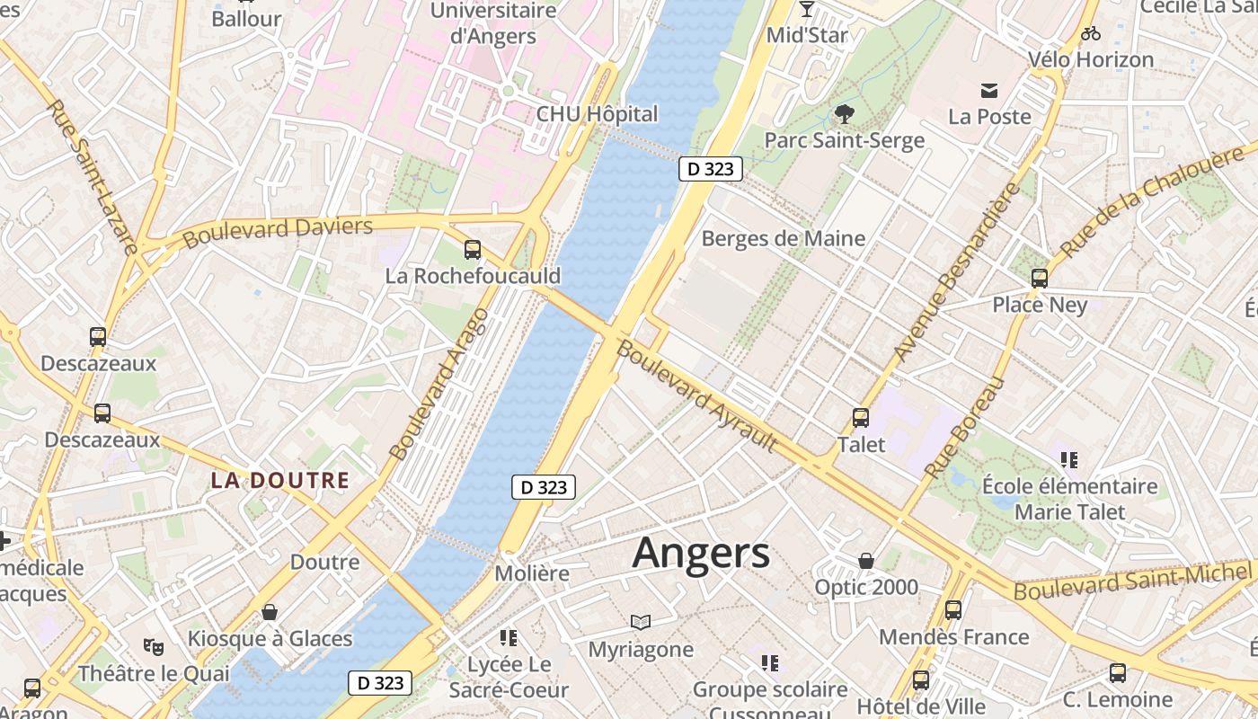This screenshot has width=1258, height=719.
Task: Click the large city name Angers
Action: pos(701,554)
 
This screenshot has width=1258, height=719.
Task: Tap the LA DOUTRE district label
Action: pos(279,481)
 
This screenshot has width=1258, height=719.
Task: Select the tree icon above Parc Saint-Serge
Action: pos(844,114)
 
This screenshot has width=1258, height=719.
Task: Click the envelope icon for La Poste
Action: pos(989,90)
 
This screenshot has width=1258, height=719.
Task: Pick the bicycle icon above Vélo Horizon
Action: pos(1091,34)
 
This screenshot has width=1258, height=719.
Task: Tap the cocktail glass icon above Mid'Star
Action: pos(806,9)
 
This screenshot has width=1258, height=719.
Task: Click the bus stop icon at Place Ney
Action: pos(1040,279)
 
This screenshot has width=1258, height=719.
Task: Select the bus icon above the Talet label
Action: pos(861,418)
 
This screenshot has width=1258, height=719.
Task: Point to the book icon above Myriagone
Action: pos(640,622)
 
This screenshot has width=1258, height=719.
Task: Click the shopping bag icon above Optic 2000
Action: pos(866,562)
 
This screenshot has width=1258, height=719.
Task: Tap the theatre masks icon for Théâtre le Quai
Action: pos(154,646)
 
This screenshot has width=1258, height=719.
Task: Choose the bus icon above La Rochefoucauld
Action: pos(473,250)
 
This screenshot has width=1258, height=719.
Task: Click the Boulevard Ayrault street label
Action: pos(697,396)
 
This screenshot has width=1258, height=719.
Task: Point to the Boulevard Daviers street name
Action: pos(277,232)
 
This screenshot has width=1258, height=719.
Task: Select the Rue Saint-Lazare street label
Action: pos(92,175)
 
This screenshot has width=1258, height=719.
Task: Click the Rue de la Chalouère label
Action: pos(1152,200)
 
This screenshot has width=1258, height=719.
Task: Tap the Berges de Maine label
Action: pos(784,239)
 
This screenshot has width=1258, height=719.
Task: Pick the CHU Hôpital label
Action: pos(597,115)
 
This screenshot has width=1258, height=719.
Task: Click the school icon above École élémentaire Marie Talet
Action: pos(1069,460)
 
